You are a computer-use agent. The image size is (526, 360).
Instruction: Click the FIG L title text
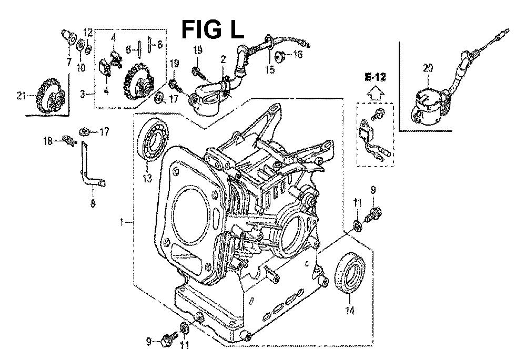coord(213,29)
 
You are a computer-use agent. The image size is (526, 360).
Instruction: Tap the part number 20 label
coord(428,68)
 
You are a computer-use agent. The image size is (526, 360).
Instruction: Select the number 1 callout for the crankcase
coord(121,222)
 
